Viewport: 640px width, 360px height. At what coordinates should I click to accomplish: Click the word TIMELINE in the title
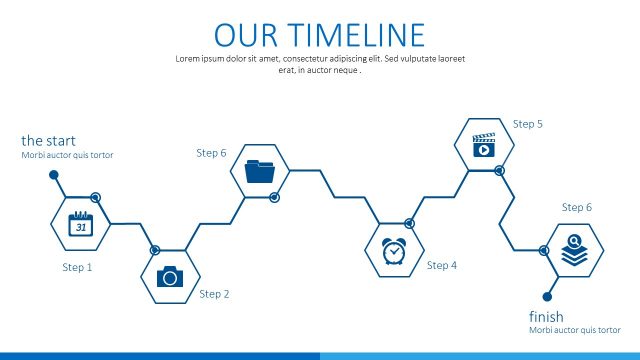coord(357,35)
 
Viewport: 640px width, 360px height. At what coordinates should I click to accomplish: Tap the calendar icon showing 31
coord(80,224)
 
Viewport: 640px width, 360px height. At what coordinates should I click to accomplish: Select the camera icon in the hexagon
coord(169,276)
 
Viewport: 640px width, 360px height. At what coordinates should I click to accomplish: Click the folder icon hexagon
coord(260,171)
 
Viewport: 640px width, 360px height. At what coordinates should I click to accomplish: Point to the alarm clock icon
coord(394,251)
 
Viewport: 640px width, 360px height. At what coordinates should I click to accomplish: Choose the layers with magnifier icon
coord(574,250)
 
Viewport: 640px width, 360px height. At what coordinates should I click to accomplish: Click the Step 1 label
coord(77,267)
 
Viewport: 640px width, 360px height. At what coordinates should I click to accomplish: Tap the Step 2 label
coord(214,294)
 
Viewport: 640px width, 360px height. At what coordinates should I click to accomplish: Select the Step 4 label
coord(441,265)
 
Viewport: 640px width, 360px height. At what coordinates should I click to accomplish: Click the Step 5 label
coord(528,124)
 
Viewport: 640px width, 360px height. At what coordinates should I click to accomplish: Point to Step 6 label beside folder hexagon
coord(211,153)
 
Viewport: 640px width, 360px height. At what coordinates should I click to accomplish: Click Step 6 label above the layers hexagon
coord(577,207)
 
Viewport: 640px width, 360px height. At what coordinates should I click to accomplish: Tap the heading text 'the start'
coord(48,141)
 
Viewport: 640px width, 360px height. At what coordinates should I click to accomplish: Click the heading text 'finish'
coord(546,317)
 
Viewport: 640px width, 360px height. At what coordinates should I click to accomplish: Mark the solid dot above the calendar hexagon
coord(54,175)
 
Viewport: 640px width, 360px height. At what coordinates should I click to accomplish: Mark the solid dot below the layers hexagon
coord(547,296)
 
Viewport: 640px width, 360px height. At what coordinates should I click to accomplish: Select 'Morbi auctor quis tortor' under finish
coord(575,330)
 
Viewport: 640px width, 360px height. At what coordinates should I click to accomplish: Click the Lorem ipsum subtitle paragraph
coord(320,64)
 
